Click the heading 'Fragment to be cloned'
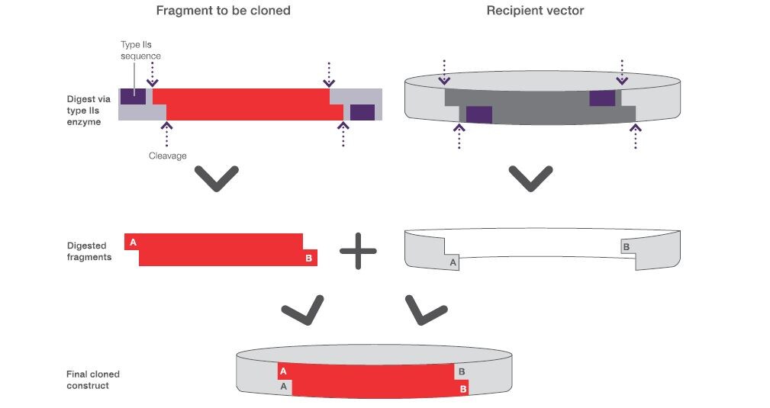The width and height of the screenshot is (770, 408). click(x=223, y=11)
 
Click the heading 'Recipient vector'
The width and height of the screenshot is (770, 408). click(x=536, y=11)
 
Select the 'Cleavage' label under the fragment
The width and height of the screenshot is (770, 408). click(x=167, y=156)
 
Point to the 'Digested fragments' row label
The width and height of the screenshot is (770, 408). click(x=89, y=252)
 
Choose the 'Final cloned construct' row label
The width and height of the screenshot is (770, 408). click(x=92, y=380)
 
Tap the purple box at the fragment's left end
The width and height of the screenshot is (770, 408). click(x=133, y=97)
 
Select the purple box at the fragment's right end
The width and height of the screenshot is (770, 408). click(x=362, y=112)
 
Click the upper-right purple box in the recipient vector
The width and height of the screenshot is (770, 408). click(x=602, y=98)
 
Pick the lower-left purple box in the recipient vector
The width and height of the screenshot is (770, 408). click(x=478, y=114)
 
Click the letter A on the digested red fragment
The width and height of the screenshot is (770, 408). click(x=133, y=243)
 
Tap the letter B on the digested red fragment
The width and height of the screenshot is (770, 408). click(x=309, y=259)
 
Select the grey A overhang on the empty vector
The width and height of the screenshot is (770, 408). click(x=453, y=262)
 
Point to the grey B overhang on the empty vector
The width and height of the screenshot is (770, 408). click(x=626, y=246)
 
